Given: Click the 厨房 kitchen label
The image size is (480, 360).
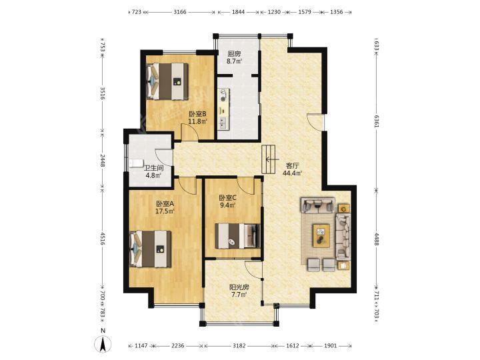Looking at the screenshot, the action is [x=234, y=54].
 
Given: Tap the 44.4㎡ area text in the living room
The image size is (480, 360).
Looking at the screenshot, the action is [x=293, y=173].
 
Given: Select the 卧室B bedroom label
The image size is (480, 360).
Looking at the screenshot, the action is [x=197, y=114].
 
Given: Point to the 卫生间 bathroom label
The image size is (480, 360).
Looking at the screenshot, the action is [x=154, y=168].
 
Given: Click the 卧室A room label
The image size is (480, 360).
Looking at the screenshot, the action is [x=165, y=203].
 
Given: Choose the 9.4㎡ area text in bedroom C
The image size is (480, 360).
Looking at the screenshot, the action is [x=228, y=205].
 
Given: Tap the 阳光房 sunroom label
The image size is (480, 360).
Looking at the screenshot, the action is [x=239, y=287].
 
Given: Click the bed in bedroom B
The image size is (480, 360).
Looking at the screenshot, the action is [x=167, y=81].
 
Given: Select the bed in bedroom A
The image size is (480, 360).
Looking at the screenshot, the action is [x=150, y=249].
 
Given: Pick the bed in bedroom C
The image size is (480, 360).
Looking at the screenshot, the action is [x=237, y=236].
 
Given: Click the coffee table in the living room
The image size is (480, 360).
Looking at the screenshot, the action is [x=321, y=235].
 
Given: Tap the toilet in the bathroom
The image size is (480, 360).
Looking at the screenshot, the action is [x=136, y=163].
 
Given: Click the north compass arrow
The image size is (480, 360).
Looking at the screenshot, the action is [x=103, y=344].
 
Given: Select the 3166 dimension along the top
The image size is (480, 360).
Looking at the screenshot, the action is [x=180, y=12].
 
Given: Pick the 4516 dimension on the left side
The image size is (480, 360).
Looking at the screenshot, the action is [x=103, y=239].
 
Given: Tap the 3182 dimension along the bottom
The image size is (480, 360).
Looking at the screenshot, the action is [x=239, y=345].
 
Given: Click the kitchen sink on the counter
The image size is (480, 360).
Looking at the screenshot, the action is [x=223, y=123].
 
